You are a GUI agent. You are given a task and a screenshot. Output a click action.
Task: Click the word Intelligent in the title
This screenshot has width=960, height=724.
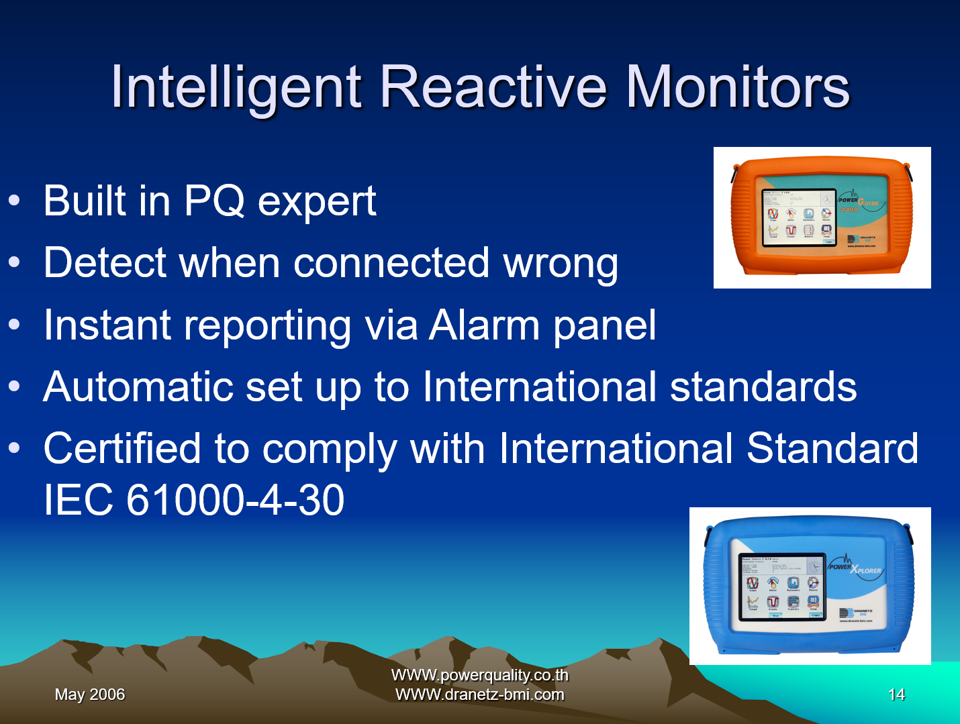[x=236, y=87]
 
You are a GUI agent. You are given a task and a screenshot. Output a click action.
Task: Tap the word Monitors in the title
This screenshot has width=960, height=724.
[x=737, y=87]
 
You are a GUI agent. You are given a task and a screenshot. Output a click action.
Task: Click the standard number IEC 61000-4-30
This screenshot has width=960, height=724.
[x=194, y=500]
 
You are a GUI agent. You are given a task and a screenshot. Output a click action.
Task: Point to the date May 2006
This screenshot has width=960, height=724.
[x=90, y=694]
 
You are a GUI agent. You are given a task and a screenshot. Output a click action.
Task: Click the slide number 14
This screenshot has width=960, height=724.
[x=896, y=694]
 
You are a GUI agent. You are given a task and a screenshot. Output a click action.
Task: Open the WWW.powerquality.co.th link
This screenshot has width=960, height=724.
[x=479, y=675]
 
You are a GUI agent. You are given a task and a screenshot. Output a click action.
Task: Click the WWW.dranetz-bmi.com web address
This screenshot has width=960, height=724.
[x=479, y=694]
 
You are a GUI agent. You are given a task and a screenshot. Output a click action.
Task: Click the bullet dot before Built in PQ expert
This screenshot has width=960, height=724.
[x=14, y=201]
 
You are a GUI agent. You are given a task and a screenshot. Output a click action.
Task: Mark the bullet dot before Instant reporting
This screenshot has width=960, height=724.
[x=14, y=325]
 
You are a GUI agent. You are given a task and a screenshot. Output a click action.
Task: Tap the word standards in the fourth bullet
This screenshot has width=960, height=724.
[x=763, y=387]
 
